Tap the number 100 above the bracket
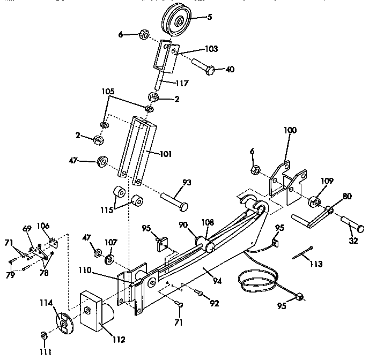289,130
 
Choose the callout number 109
328,181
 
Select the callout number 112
119,339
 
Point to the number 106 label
43,226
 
